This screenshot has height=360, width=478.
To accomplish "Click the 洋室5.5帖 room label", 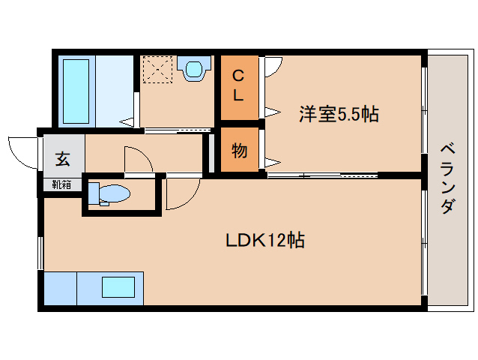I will point(339,115).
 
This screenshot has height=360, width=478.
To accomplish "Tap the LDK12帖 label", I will point(265,241).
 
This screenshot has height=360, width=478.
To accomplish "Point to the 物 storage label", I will point(239,151).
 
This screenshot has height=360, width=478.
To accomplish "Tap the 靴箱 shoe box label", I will point(61,184).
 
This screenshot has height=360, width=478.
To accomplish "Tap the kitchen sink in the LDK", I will point(118,288).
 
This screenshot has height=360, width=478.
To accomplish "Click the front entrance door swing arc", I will point(22,150).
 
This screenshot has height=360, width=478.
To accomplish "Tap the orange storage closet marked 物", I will point(239,151).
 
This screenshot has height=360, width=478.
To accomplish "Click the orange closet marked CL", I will point(238,86).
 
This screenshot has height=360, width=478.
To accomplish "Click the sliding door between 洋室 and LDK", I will point(322,175).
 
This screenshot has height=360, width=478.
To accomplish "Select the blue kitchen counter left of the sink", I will point(61,288).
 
